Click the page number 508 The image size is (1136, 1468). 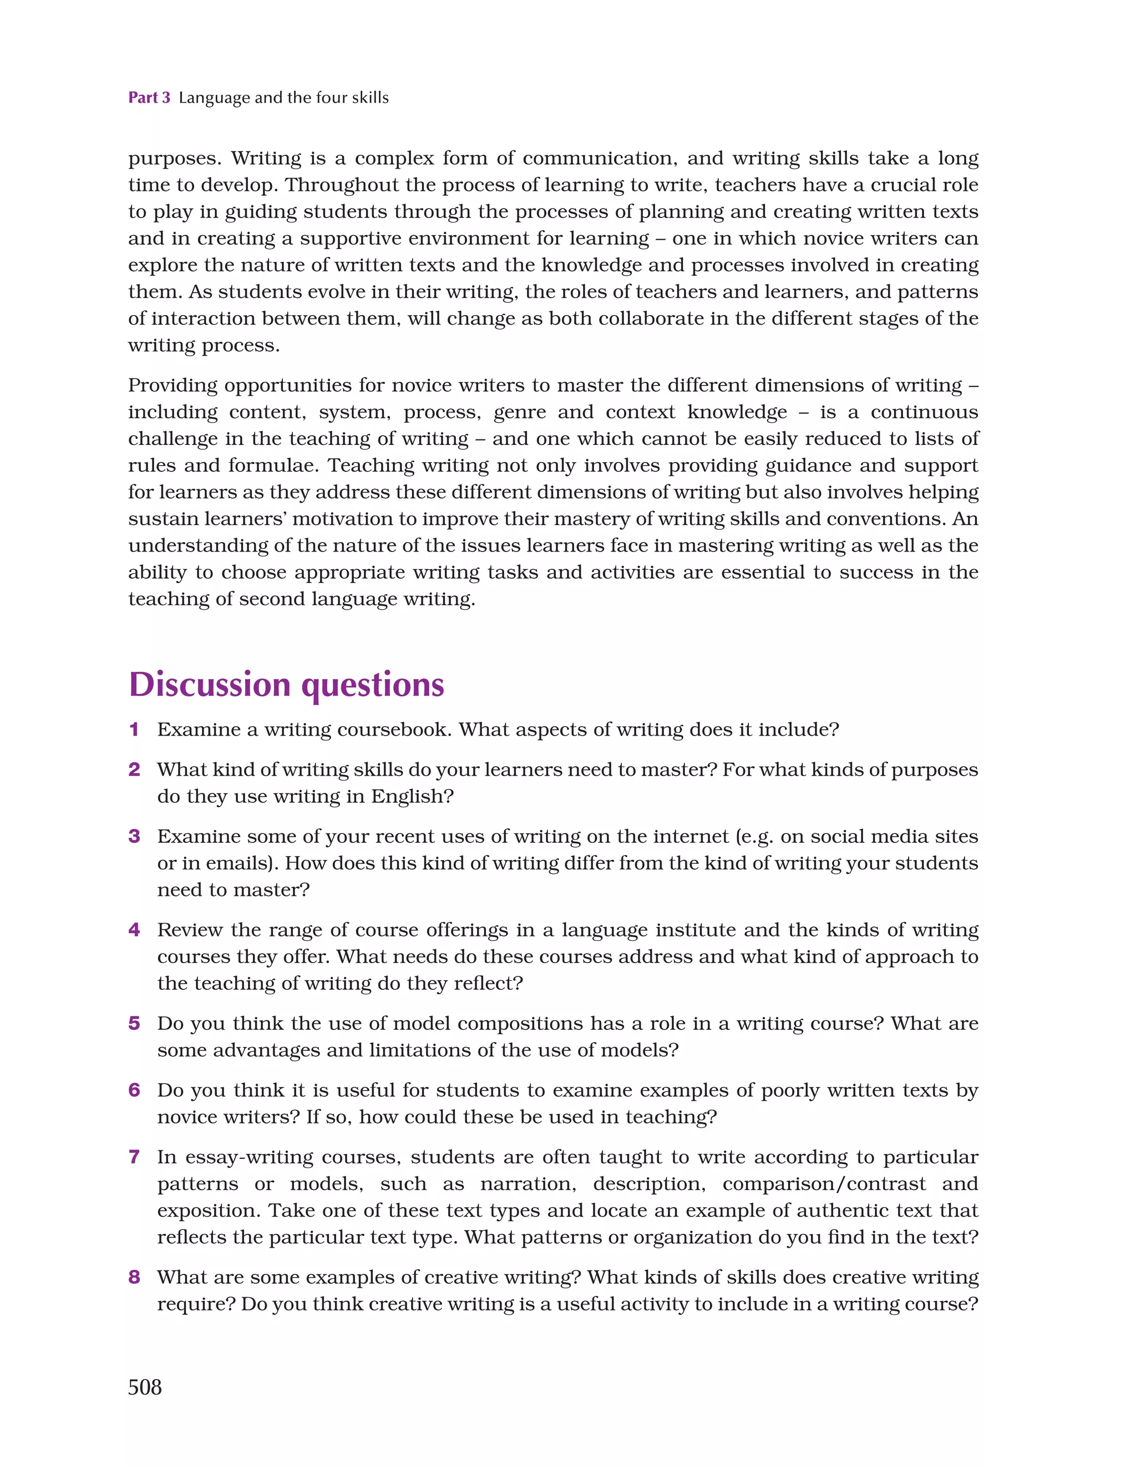(x=145, y=1386)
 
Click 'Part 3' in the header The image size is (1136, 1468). (x=149, y=98)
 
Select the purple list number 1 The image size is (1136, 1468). (x=134, y=730)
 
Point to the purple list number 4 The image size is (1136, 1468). (x=134, y=930)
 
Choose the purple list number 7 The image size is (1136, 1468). (x=134, y=1157)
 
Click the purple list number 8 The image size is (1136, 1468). (x=134, y=1277)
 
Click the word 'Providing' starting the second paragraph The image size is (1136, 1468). (x=172, y=386)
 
